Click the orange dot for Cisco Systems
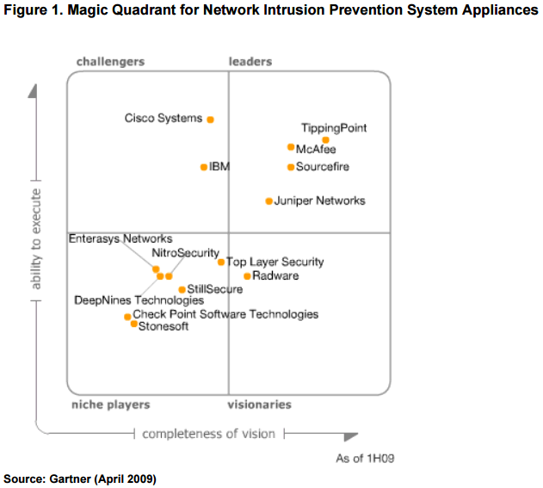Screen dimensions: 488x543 [x=210, y=120]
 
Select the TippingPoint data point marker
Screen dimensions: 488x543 [x=325, y=139]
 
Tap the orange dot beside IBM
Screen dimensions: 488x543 [x=204, y=166]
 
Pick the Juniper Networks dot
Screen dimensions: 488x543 [x=268, y=201]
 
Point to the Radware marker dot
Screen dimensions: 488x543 [x=247, y=276]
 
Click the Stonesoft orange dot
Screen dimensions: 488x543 [x=133, y=324]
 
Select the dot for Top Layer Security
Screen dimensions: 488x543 [x=221, y=262]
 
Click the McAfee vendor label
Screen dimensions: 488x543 [x=316, y=149]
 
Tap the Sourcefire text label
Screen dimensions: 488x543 [x=322, y=167]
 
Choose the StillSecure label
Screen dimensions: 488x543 [x=214, y=289]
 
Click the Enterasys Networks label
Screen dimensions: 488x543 [x=120, y=238]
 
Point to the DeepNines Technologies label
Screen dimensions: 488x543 [x=139, y=300]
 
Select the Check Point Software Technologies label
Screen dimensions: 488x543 [x=225, y=314]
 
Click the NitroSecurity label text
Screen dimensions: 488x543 [x=185, y=253]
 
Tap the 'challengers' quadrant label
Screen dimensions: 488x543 [x=110, y=62]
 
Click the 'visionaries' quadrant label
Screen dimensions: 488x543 [x=259, y=405]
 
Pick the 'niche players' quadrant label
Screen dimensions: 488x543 [x=110, y=405]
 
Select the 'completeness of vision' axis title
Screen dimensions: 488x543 [x=208, y=433]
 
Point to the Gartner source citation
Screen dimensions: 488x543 [x=80, y=479]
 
